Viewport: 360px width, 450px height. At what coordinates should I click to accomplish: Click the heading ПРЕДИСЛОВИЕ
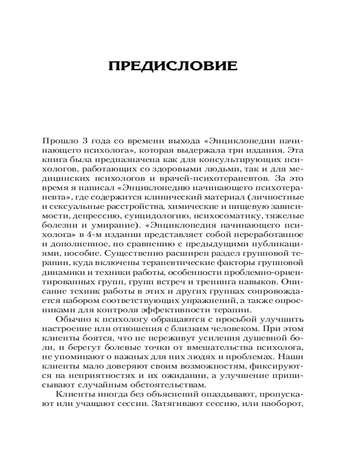[180, 66]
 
